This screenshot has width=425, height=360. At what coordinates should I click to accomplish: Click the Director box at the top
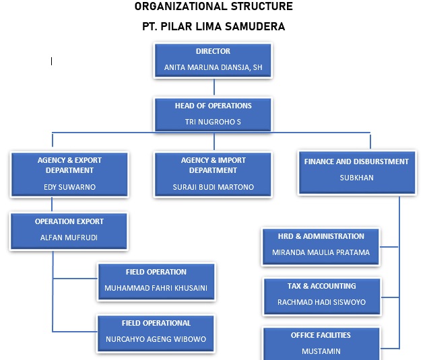coord(213,59)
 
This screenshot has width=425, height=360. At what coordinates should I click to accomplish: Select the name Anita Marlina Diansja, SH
coord(213,68)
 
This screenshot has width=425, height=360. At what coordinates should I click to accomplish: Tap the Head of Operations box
coord(213,114)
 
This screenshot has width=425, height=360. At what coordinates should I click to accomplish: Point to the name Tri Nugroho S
coord(213,122)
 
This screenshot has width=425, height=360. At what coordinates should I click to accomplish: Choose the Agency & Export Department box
coord(69,174)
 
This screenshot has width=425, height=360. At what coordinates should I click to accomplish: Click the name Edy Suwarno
coord(69,187)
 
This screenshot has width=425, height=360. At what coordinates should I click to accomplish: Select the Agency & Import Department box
coord(213,174)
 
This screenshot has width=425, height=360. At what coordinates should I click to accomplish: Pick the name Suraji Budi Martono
coord(213,187)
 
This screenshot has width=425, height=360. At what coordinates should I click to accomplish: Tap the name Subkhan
coord(356,178)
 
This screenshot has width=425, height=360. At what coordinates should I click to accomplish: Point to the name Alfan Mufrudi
coord(69,238)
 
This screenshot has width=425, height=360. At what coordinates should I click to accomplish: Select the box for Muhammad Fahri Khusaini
coord(156,281)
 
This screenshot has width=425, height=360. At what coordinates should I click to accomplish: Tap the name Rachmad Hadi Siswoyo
coord(321,302)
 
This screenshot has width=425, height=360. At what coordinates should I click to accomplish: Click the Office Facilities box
coord(321,343)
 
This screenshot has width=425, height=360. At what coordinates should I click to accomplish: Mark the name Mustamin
coord(321,351)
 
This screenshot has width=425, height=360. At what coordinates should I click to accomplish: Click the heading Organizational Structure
coord(214,7)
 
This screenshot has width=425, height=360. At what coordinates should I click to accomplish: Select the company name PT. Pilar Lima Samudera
coord(214,27)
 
